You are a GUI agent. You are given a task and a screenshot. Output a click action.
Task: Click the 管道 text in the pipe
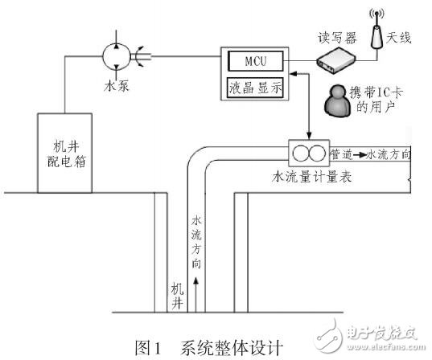coord(340,152)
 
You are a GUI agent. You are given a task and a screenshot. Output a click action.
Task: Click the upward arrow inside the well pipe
coord(194,285)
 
